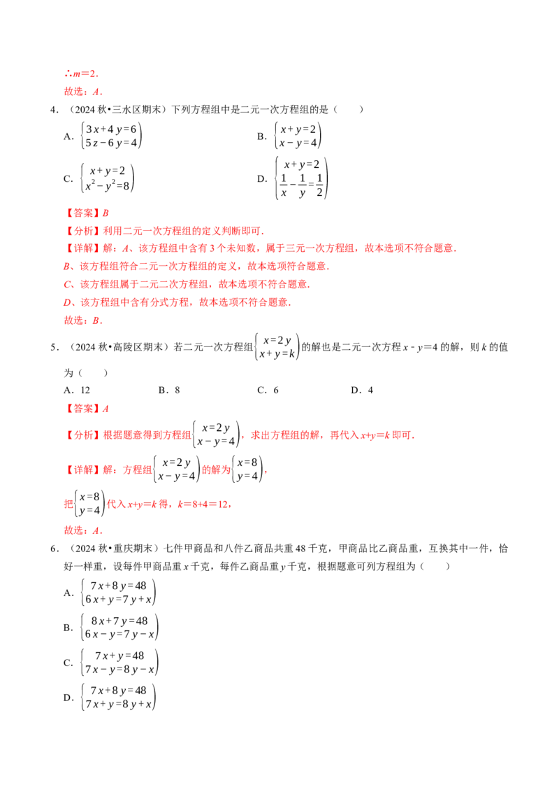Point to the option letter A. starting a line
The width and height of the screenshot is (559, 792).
click(x=68, y=267)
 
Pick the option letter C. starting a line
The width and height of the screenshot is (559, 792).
click(x=68, y=285)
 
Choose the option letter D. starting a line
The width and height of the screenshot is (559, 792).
click(x=68, y=303)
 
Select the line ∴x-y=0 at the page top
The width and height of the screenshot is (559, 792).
click(x=81, y=73)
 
